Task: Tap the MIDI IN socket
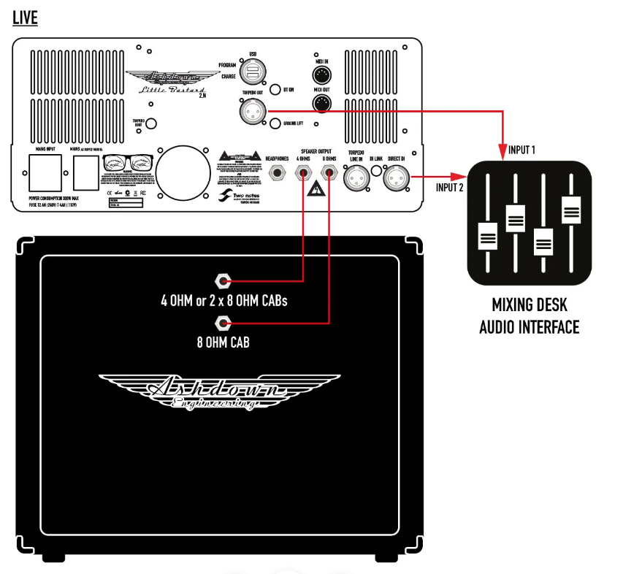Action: (x=322, y=74)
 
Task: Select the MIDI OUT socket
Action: (x=322, y=102)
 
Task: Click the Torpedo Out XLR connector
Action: (x=252, y=111)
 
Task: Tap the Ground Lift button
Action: (x=276, y=124)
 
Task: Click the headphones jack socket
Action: (x=278, y=174)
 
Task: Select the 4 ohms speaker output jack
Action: (x=303, y=174)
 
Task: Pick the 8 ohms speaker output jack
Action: (x=329, y=174)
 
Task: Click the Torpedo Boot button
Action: (x=152, y=123)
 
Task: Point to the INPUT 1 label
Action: (x=522, y=149)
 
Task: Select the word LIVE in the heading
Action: (x=25, y=18)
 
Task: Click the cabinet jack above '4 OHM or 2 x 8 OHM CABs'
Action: (x=223, y=280)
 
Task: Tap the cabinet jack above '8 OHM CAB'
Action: (x=223, y=322)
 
